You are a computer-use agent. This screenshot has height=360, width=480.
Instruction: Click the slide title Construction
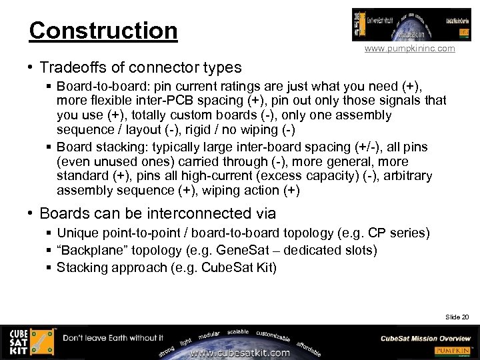tap(103, 30)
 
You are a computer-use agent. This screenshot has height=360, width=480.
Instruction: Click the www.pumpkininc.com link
tap(409, 49)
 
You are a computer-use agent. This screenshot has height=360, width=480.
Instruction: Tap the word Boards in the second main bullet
tap(63, 213)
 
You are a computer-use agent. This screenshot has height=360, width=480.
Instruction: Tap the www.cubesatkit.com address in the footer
tap(240, 353)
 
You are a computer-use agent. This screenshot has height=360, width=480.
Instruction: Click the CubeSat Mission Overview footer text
tap(425, 338)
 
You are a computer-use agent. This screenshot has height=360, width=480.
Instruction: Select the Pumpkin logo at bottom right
tap(454, 351)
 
